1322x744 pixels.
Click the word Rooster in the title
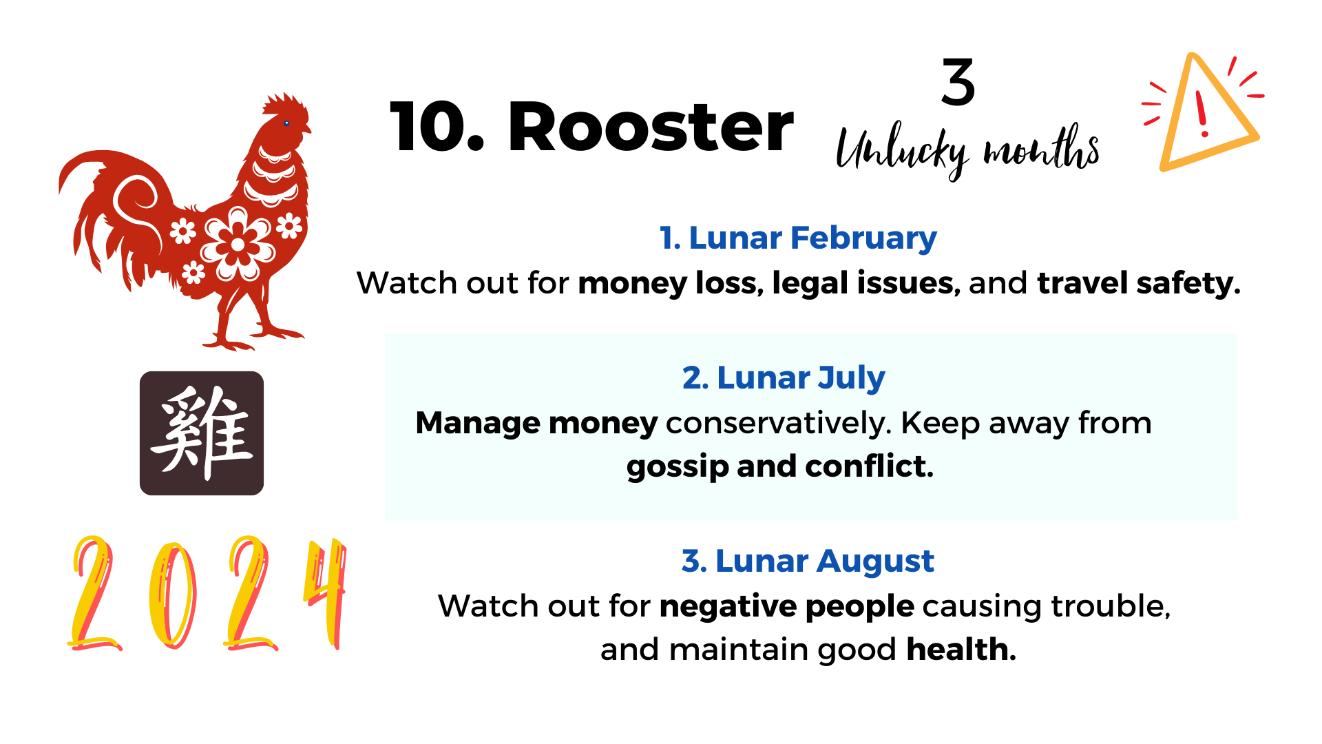651,127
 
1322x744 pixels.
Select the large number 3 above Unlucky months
958,82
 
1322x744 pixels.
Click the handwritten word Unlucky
902,151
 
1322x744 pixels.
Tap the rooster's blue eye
286,123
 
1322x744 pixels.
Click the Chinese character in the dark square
202,433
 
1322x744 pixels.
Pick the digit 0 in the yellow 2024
173,595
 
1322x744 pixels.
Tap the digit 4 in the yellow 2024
325,592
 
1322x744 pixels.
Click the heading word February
863,238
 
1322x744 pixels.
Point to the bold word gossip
678,467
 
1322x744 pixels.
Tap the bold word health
961,649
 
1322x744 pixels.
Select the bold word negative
727,607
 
